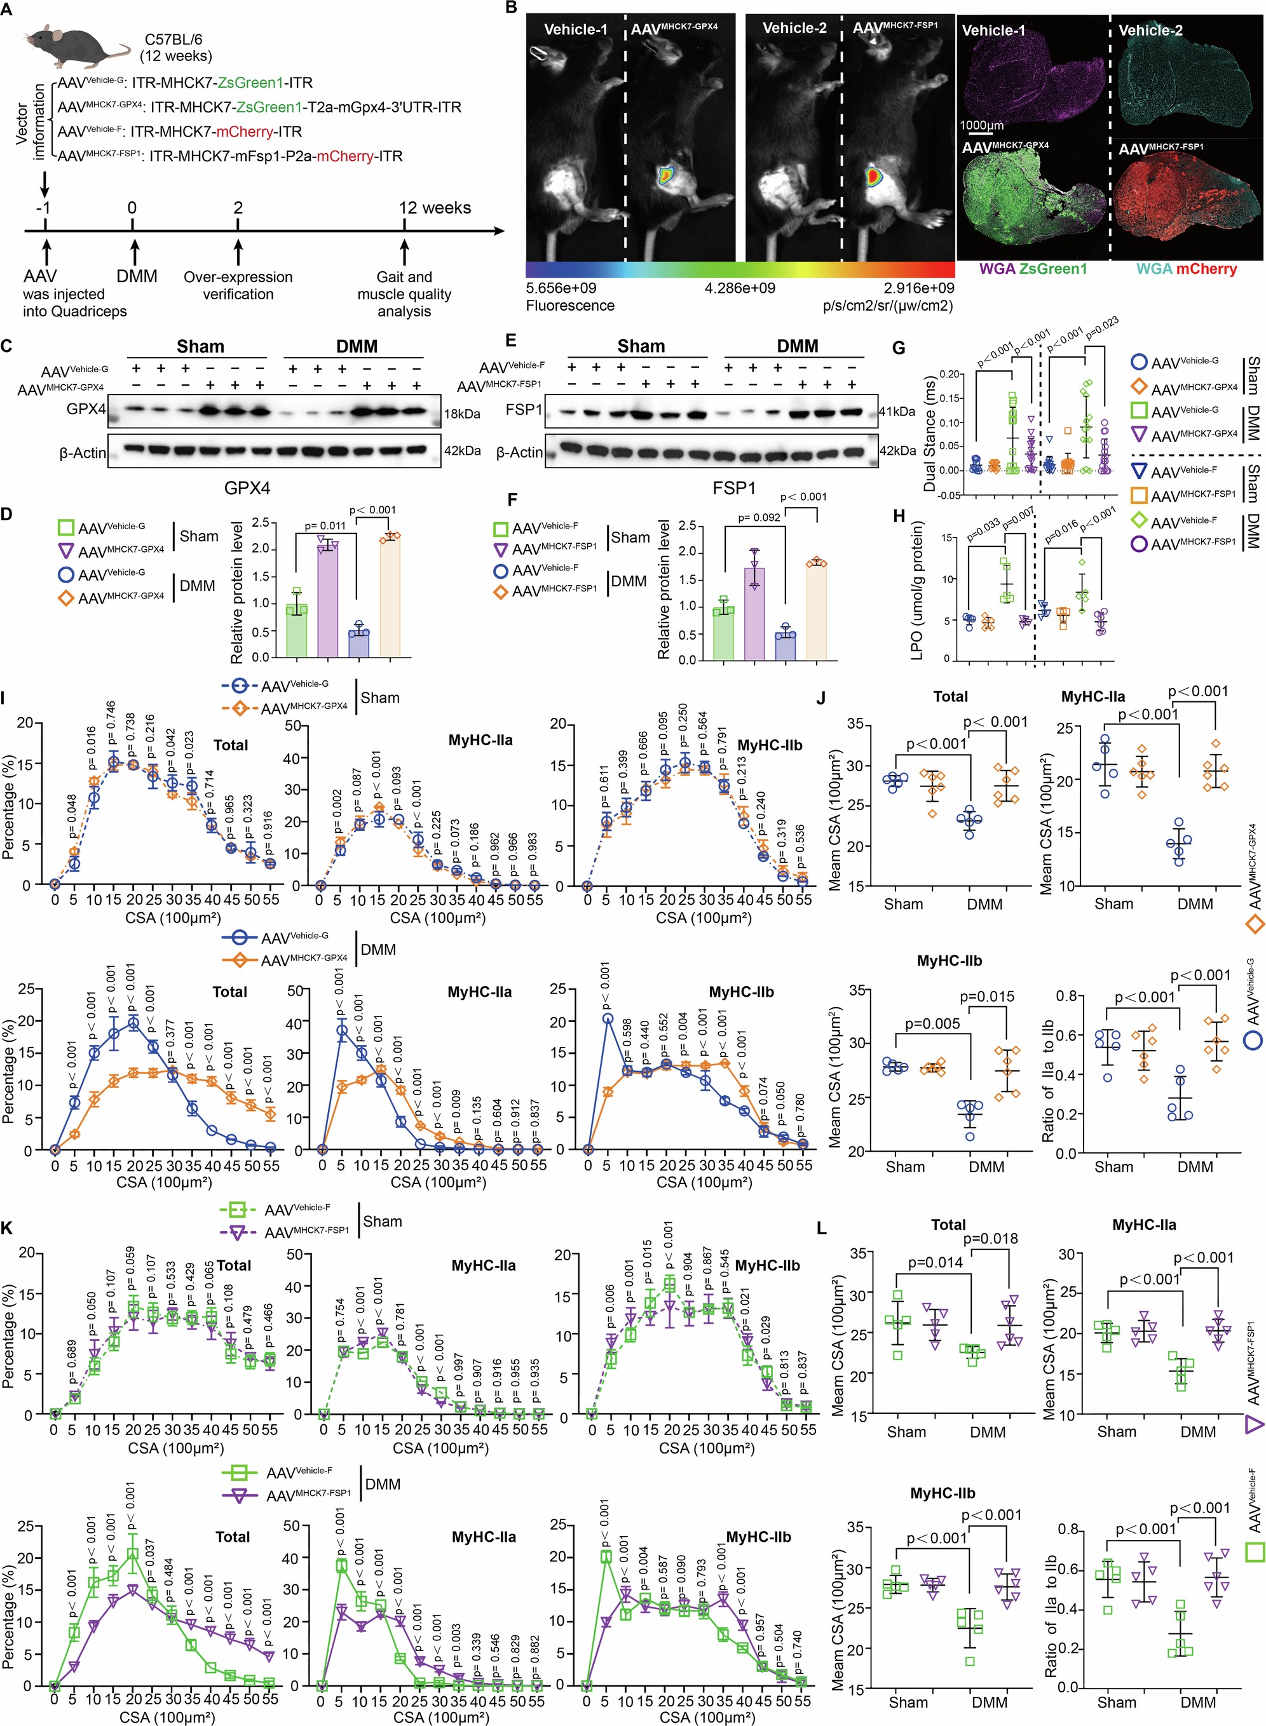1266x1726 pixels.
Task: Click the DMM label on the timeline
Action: [x=137, y=276]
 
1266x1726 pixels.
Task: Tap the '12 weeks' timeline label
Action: [x=435, y=208]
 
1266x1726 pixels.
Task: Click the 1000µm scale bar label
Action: [x=983, y=125]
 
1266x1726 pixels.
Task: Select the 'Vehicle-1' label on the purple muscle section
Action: [x=993, y=30]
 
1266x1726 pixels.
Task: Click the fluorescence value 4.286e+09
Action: [x=740, y=288]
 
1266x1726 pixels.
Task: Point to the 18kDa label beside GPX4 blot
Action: [x=462, y=414]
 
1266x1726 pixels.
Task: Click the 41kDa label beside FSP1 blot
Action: [x=897, y=412]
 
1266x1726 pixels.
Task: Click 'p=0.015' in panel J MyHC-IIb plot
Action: [x=986, y=975]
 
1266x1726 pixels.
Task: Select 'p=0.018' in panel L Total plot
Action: [x=990, y=1239]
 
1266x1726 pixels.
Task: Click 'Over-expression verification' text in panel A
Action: [x=238, y=285]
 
